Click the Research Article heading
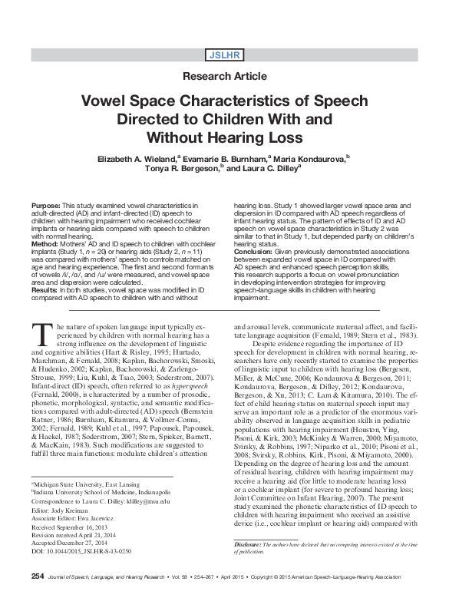224,77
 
